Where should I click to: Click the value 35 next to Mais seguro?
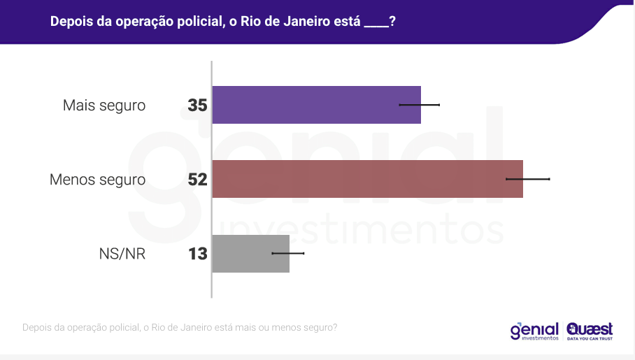(197, 106)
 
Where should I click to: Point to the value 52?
(197, 180)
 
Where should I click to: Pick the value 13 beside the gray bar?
(198, 253)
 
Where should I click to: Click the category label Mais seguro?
(104, 106)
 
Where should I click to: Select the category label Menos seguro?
(97, 180)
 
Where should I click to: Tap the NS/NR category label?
(122, 253)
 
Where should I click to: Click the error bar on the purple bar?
(420, 105)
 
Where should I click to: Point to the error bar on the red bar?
(528, 179)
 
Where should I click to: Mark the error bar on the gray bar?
(288, 253)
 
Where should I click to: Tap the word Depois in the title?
(71, 22)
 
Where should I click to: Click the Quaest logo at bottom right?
(590, 330)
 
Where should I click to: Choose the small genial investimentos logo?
(534, 330)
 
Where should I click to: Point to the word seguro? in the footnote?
(320, 327)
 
